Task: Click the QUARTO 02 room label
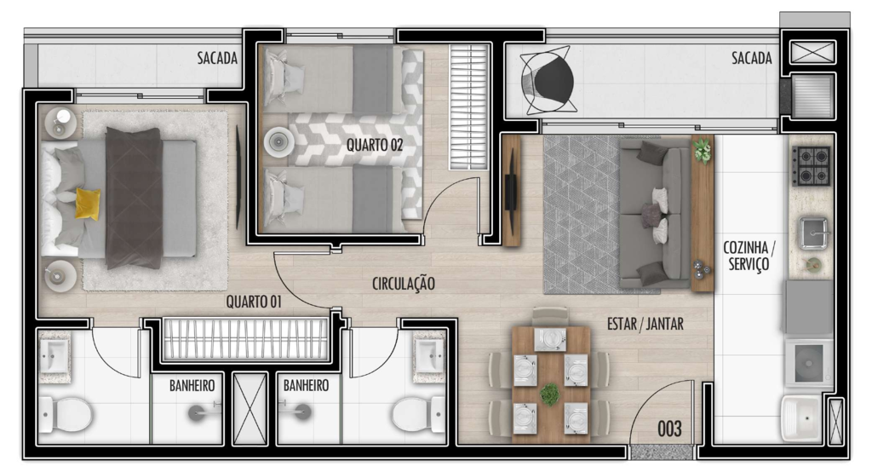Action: click(x=374, y=145)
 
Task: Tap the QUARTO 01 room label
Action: click(x=254, y=301)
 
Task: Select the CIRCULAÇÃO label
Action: click(x=404, y=283)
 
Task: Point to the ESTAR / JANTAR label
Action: click(x=645, y=324)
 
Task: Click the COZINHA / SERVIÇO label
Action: click(x=749, y=256)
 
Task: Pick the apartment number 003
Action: click(x=670, y=429)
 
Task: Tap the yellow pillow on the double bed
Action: click(x=88, y=203)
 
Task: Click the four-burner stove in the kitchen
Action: click(x=811, y=166)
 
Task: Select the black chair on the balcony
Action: click(x=548, y=81)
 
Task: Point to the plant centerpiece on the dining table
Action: click(x=550, y=393)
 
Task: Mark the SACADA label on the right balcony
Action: click(x=751, y=59)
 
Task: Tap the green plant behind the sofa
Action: click(x=703, y=150)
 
